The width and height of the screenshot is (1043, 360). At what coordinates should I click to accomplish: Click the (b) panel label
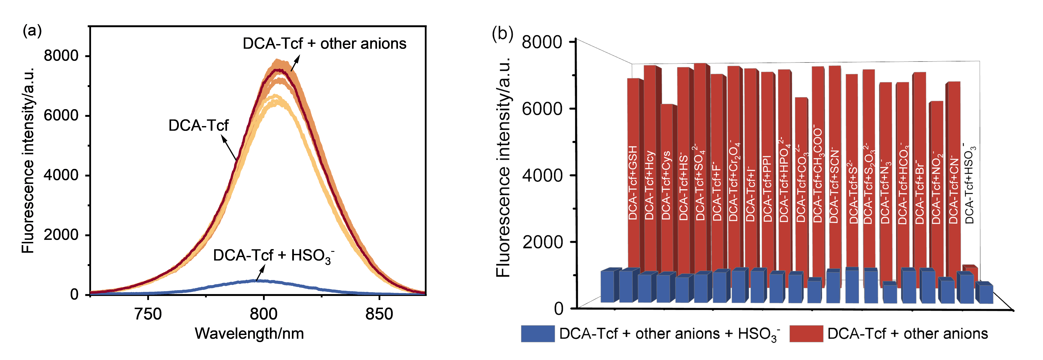502,33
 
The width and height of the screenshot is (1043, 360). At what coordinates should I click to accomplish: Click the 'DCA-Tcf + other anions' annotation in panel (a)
324,44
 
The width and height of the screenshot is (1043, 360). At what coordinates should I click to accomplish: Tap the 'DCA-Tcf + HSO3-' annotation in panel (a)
273,256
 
